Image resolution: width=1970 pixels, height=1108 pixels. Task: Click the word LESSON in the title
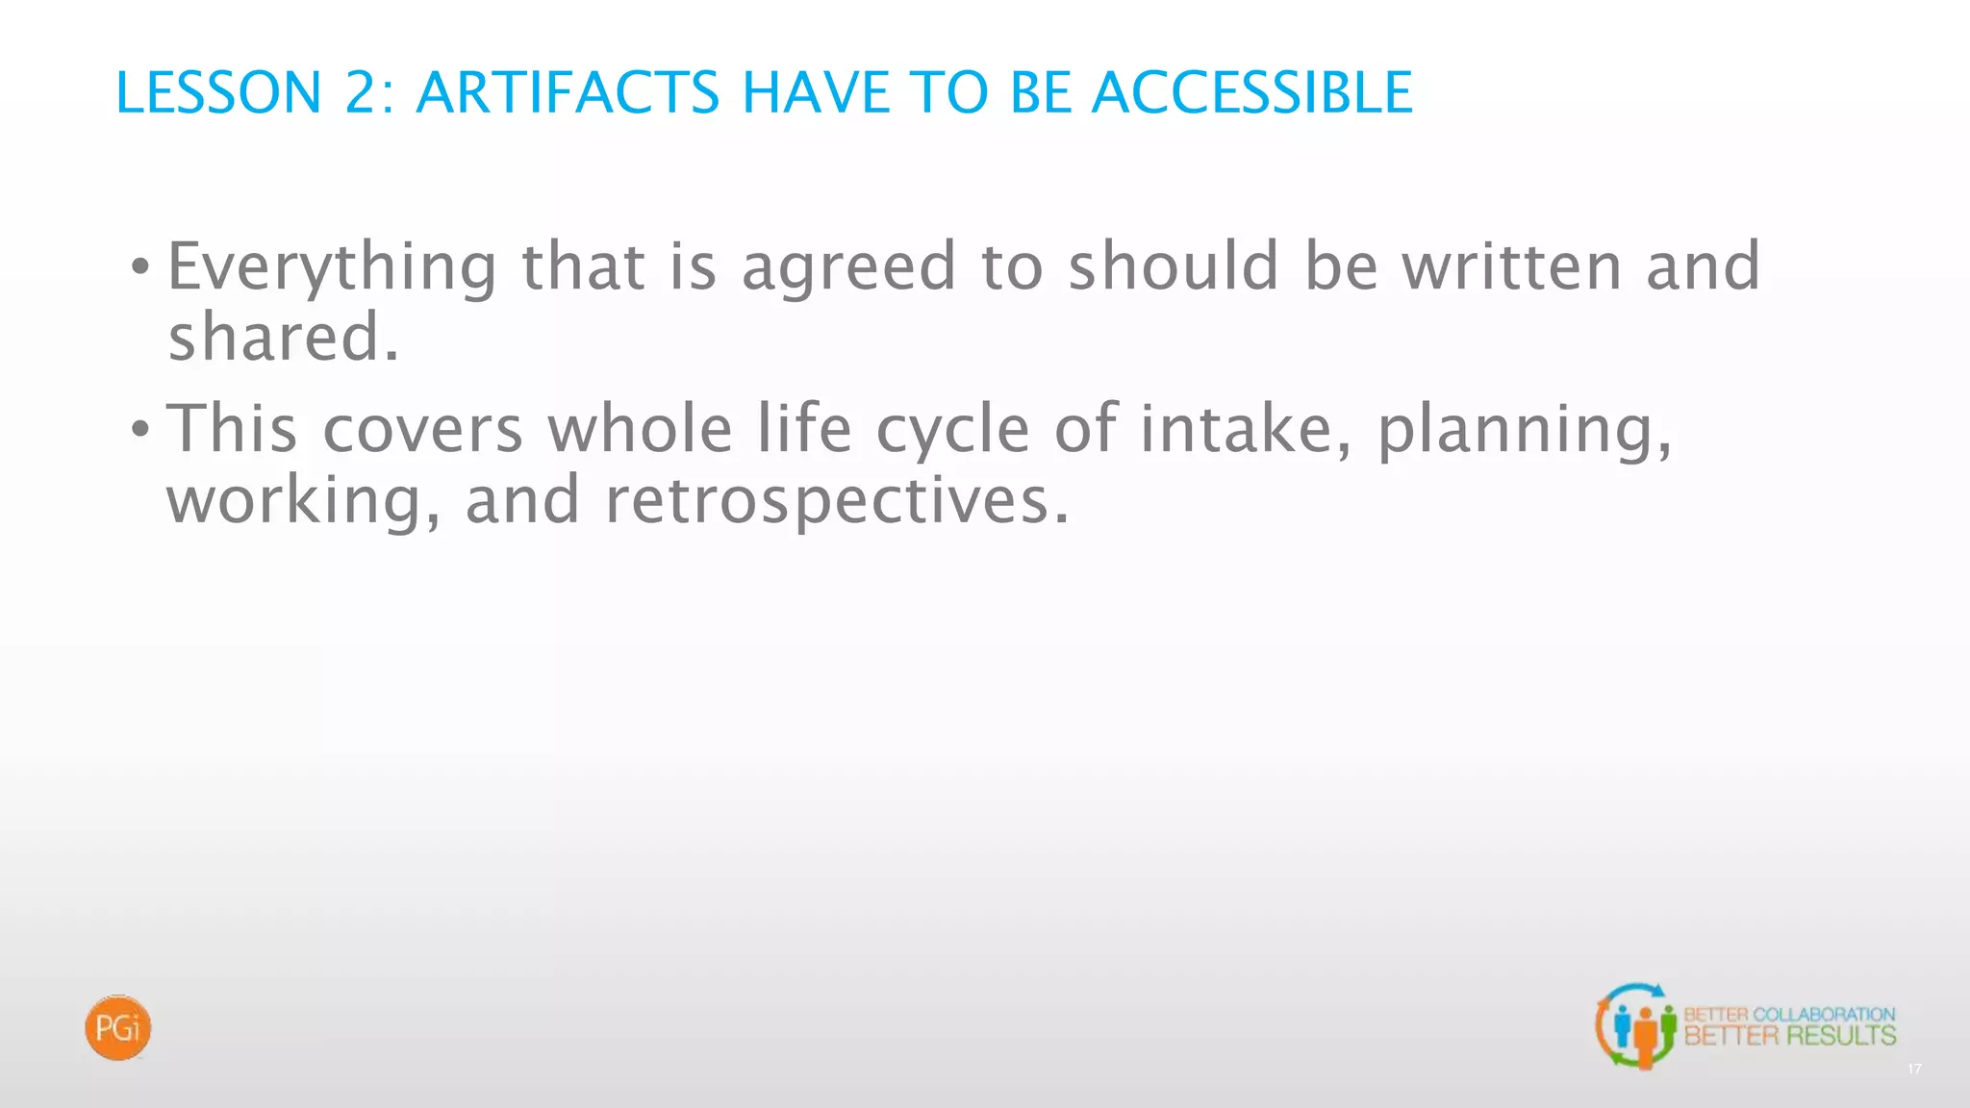tap(218, 93)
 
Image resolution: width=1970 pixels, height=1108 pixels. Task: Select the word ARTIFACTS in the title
tap(568, 93)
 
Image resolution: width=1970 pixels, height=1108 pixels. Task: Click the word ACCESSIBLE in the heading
tap(1251, 93)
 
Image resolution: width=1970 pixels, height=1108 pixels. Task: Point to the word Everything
tap(333, 267)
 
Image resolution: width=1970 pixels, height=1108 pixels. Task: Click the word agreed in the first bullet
tap(848, 267)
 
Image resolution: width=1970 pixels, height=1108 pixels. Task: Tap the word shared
tap(283, 338)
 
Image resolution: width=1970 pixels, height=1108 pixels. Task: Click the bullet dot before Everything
tap(140, 268)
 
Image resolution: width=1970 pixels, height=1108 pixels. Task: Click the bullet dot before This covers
tap(140, 430)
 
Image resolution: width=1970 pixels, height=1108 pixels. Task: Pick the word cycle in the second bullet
tap(952, 430)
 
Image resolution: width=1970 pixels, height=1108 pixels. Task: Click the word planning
tap(1525, 430)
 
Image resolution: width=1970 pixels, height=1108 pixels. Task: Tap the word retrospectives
tap(836, 501)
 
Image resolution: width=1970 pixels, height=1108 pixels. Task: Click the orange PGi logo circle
tap(118, 1028)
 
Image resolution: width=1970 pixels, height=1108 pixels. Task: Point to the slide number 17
tap(1914, 1070)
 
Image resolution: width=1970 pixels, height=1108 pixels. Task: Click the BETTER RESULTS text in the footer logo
tap(1789, 1036)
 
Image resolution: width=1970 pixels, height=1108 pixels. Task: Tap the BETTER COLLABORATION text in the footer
tap(1789, 1014)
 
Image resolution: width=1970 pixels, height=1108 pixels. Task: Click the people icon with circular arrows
tap(1636, 1026)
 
